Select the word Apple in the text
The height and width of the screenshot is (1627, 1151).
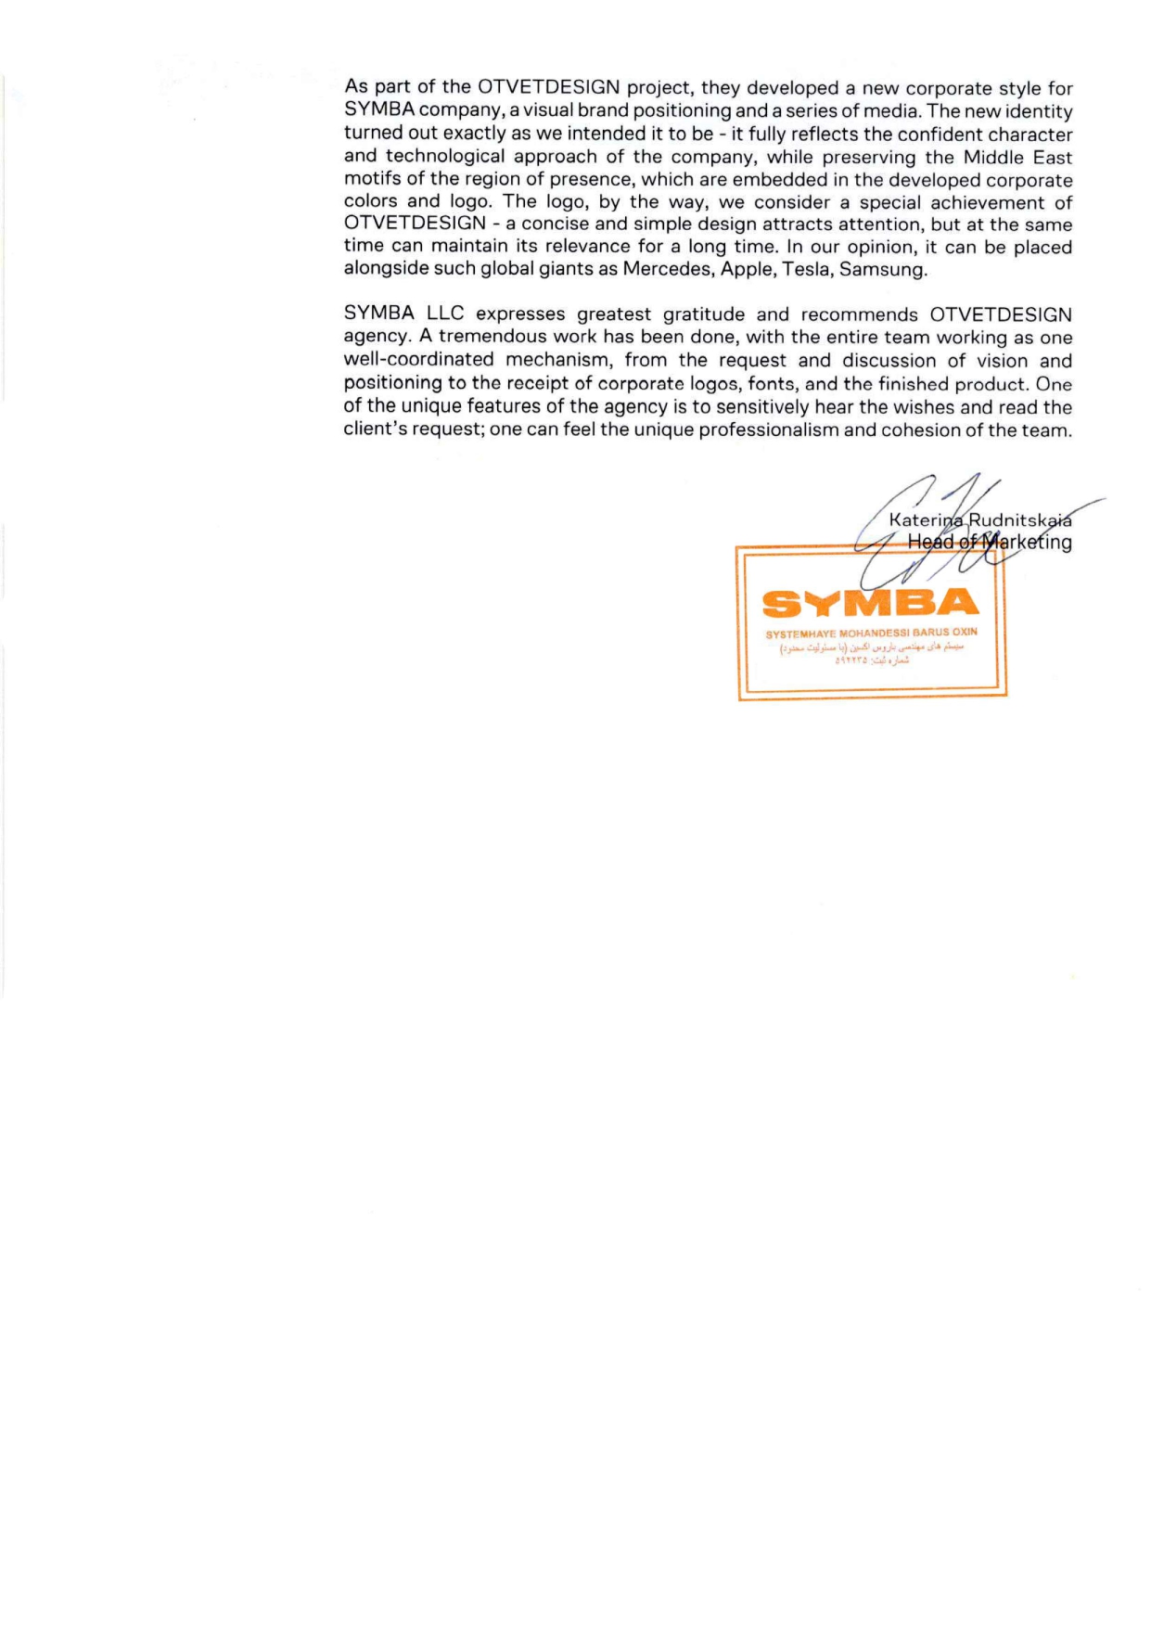(x=746, y=270)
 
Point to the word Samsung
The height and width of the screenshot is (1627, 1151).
(x=882, y=270)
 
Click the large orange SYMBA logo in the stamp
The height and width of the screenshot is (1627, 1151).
(x=870, y=604)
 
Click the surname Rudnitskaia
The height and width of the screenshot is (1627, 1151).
(x=1019, y=519)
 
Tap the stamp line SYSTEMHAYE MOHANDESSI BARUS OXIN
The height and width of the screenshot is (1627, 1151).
(x=871, y=633)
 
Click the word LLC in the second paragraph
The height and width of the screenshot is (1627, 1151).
(x=445, y=315)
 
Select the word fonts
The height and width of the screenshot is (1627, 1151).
(x=772, y=384)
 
